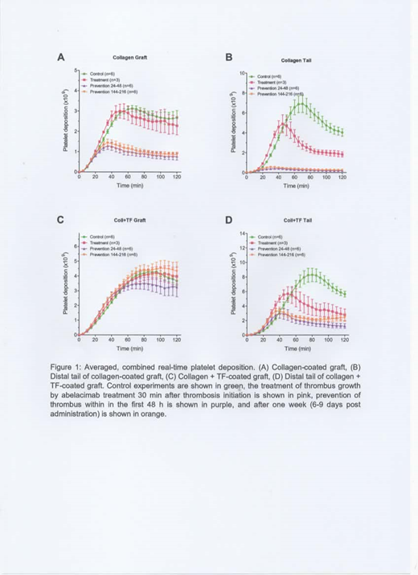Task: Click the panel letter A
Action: coord(60,57)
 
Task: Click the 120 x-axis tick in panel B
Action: coord(342,177)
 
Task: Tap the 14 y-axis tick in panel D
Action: coord(242,234)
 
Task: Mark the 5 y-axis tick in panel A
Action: coord(76,71)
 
